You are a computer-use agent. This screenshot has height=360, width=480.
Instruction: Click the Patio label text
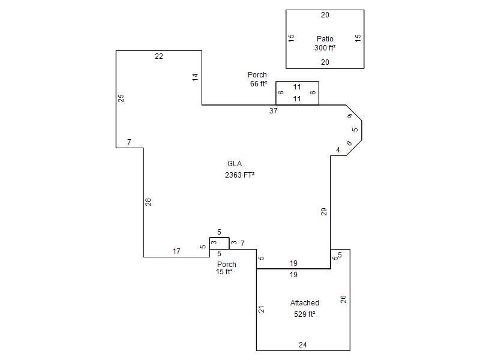[325, 39]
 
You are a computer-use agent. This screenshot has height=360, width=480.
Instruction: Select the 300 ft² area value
[325, 48]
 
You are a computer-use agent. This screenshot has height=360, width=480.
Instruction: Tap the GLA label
[234, 164]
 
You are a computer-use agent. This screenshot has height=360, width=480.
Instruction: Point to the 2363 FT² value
[239, 175]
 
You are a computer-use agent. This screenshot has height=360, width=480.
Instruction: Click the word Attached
[305, 303]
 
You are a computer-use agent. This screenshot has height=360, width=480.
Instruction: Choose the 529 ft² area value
[305, 314]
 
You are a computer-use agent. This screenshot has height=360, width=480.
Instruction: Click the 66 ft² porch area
[259, 84]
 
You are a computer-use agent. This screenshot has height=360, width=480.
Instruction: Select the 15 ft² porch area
[224, 272]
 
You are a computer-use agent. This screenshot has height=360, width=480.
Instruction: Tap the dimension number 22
[158, 56]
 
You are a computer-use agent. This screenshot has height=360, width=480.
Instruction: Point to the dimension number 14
[195, 77]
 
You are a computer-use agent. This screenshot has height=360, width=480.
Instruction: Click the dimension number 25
[121, 98]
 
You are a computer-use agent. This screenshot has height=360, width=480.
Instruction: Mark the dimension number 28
[148, 202]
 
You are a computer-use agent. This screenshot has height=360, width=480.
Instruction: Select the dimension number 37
[274, 111]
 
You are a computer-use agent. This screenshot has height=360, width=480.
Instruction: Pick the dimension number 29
[324, 211]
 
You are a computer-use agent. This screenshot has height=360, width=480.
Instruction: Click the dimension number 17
[176, 251]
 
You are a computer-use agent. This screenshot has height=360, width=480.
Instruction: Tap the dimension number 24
[303, 345]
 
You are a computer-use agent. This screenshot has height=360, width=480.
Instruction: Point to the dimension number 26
[344, 299]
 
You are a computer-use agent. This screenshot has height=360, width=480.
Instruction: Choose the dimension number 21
[262, 309]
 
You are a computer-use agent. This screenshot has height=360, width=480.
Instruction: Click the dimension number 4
[338, 150]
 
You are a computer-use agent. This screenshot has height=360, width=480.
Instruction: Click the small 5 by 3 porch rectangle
[219, 243]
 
